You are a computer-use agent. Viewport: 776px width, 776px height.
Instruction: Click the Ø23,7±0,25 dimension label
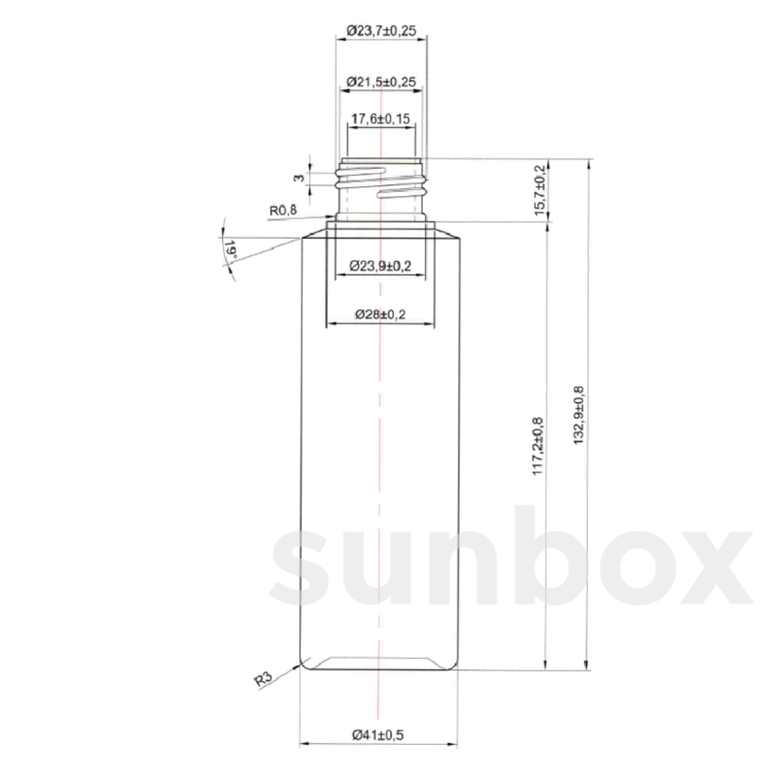click(382, 30)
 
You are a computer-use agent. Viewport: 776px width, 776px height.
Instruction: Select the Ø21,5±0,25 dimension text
click(382, 82)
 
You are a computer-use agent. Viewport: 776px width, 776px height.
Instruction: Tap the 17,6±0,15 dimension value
click(382, 119)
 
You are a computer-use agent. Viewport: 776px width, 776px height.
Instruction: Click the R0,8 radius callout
click(283, 210)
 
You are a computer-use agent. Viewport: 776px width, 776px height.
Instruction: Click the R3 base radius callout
click(262, 680)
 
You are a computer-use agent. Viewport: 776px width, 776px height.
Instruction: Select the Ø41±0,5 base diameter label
click(378, 735)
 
